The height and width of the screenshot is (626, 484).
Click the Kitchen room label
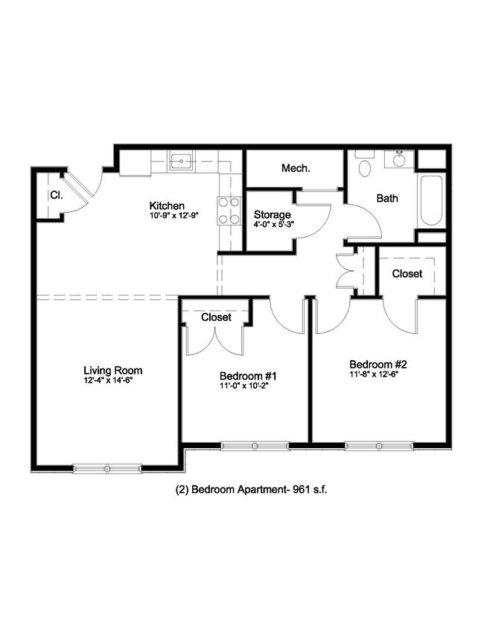point(167,206)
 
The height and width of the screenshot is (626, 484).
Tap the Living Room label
point(113,371)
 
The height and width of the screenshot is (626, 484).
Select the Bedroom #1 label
point(248,376)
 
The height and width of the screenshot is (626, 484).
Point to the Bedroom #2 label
point(378,365)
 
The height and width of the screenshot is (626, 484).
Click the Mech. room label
point(296,168)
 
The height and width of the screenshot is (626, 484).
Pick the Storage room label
point(273,215)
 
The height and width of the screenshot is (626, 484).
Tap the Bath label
point(387,198)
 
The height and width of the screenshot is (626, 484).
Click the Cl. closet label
point(57,195)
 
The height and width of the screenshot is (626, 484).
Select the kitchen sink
point(181,161)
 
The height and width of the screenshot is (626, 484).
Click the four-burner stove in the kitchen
point(229,211)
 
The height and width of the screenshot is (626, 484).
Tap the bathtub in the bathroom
point(431,201)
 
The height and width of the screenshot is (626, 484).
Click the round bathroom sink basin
point(398,160)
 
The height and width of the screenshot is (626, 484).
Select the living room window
point(107,468)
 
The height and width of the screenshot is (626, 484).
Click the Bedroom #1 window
point(255,446)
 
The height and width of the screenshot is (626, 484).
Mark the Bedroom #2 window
point(379,446)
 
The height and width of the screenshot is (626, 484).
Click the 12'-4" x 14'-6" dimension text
point(108,381)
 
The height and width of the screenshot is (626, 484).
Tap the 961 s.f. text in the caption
point(310,490)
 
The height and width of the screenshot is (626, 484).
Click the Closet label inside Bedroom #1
point(216,317)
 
